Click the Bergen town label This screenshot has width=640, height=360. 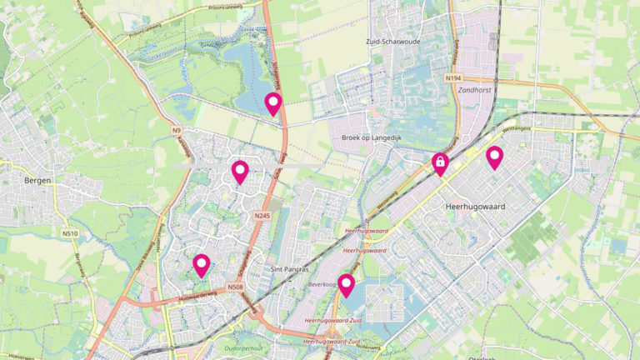pos(38,180)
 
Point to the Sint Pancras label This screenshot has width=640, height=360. pos(290,270)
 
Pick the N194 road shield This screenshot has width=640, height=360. pos(452,77)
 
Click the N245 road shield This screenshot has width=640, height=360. pos(262,216)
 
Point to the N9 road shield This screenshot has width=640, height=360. pos(177,130)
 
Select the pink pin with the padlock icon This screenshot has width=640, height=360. pos(439,162)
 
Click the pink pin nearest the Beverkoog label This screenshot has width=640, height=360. pos(347,285)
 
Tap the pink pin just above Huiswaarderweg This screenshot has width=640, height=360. pos(201,265)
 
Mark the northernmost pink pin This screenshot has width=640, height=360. pos(272,103)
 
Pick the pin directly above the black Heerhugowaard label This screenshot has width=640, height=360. pos(494,157)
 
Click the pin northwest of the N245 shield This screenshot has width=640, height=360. pos(240,172)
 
